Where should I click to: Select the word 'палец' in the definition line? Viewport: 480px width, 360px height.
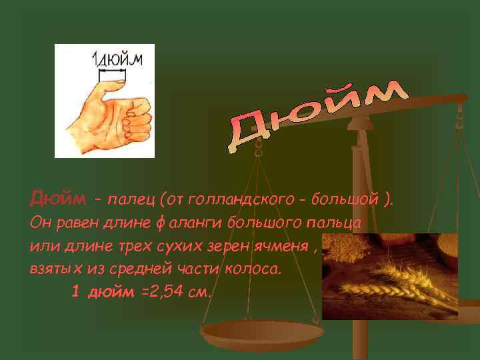pyautogui.click(x=131, y=198)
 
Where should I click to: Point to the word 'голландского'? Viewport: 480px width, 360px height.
pyautogui.click(x=229, y=198)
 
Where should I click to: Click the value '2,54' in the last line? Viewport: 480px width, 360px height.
pyautogui.click(x=175, y=293)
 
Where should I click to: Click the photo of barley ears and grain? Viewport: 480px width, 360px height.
pyautogui.click(x=389, y=276)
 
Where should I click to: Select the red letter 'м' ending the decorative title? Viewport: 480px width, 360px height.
pyautogui.click(x=385, y=93)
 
